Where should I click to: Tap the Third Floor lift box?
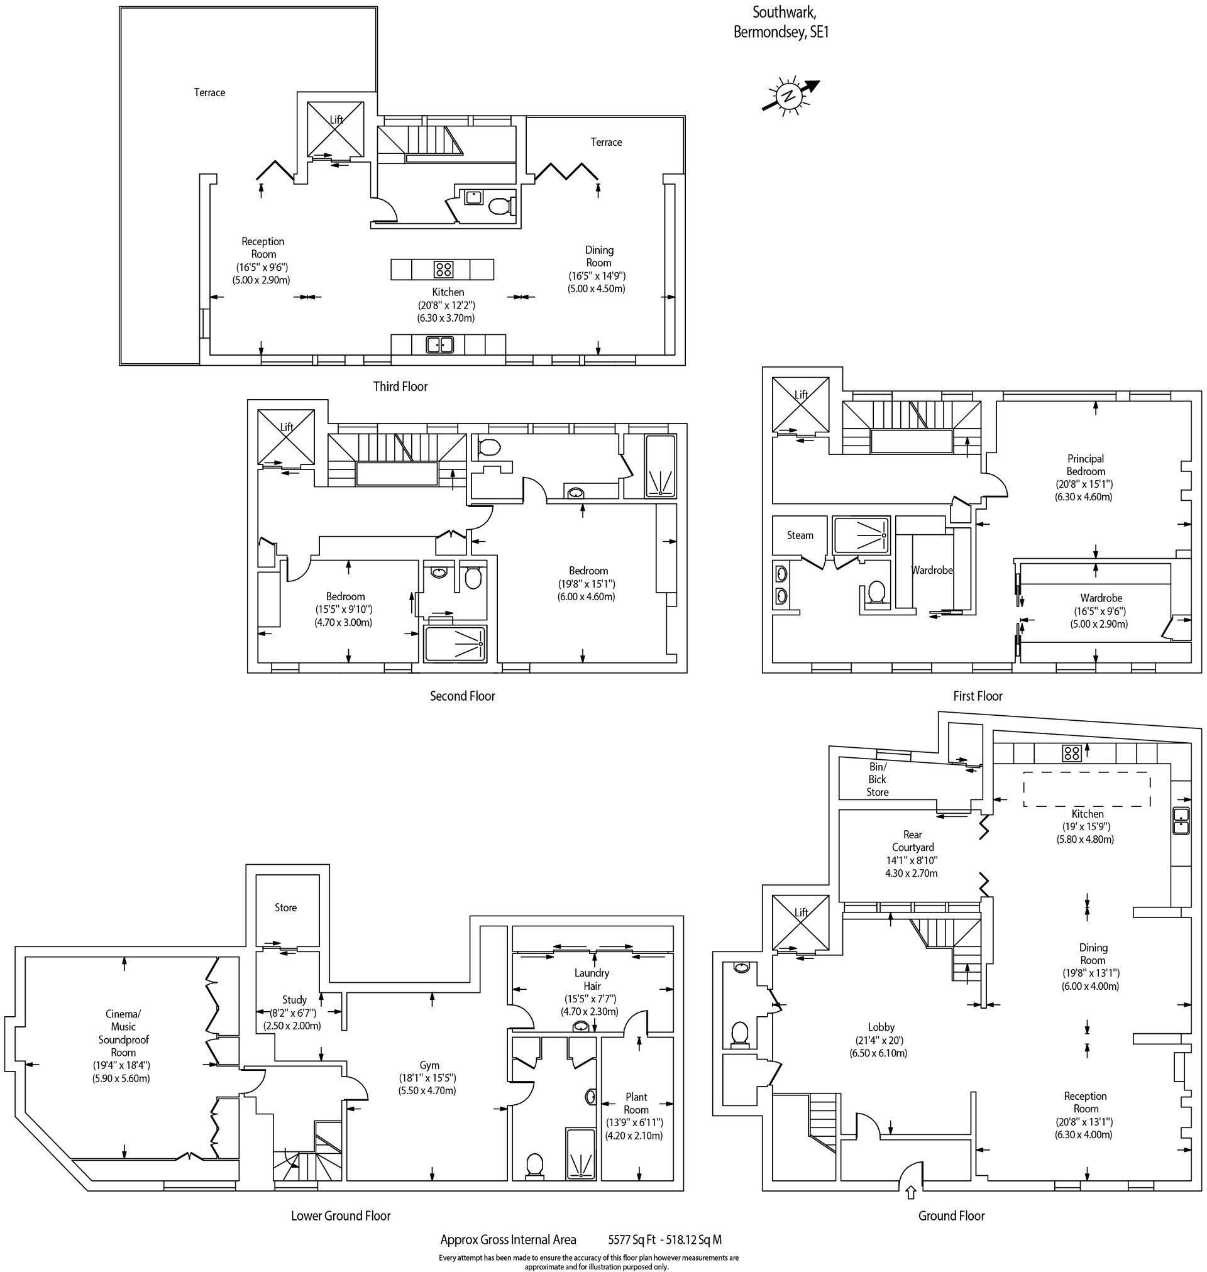click(335, 129)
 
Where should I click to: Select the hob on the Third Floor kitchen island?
click(443, 269)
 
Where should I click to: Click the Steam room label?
click(800, 535)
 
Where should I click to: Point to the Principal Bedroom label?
click(1086, 465)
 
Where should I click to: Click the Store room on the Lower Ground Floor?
click(285, 907)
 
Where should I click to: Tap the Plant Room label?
click(636, 1103)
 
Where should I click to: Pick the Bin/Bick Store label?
click(877, 779)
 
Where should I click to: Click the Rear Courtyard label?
click(912, 841)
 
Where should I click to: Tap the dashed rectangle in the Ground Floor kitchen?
click(1087, 789)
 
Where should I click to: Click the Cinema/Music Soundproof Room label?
click(123, 1033)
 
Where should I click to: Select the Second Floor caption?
click(462, 696)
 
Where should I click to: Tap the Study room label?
click(295, 1000)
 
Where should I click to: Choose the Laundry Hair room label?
click(592, 979)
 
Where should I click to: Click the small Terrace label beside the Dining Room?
click(606, 142)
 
